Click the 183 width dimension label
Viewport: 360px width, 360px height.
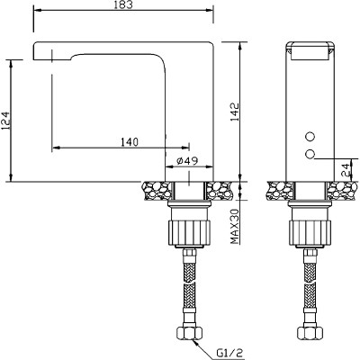pyautogui.click(x=123, y=5)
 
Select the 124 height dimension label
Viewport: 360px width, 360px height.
pyautogui.click(x=6, y=121)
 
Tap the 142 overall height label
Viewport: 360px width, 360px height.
pyautogui.click(x=234, y=112)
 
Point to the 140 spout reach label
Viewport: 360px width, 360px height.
pyautogui.click(x=130, y=142)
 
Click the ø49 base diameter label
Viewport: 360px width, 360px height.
pyautogui.click(x=187, y=161)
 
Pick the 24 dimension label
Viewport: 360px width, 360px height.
pyautogui.click(x=346, y=170)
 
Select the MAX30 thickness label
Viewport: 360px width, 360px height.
pyautogui.click(x=235, y=227)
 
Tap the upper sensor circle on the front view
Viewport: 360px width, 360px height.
pyautogui.click(x=310, y=137)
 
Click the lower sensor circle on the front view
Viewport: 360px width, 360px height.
pyautogui.click(x=310, y=154)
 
